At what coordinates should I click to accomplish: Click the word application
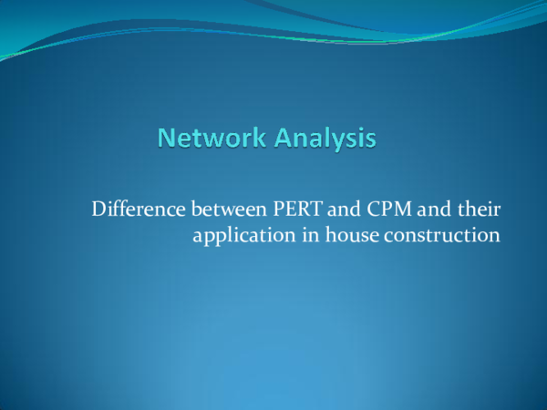click(238, 236)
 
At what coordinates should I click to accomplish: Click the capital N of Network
click(165, 138)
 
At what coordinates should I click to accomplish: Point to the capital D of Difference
click(98, 210)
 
